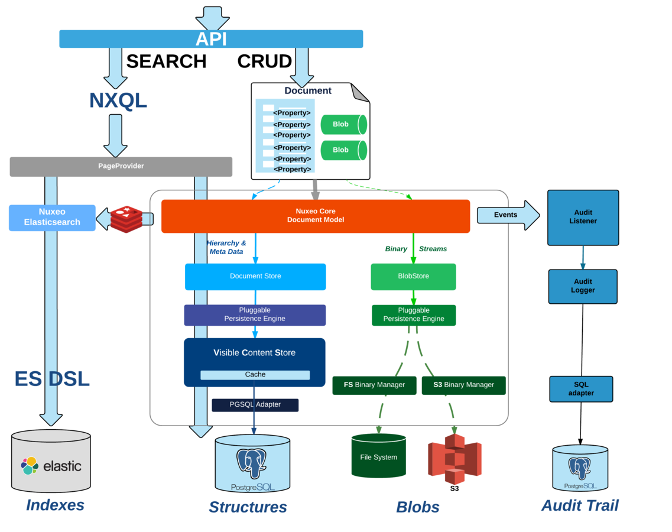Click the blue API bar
coord(211,39)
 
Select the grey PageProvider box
coord(121,166)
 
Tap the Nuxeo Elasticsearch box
coord(52,218)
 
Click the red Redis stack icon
coord(126,219)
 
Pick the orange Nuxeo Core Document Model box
coord(315,216)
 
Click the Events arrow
coord(507,215)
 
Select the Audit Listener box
coord(583,217)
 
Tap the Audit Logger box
coord(583,286)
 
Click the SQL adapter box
coord(581,389)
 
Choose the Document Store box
coord(255,277)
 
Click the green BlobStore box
coord(413,277)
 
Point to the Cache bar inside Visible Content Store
coord(255,375)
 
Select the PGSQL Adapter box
coord(255,405)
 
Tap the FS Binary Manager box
coord(375,385)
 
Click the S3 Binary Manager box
coord(463,385)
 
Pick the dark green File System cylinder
coord(378,456)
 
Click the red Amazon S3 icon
coord(455,459)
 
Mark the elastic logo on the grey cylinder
coord(51,466)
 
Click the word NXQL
coord(118,100)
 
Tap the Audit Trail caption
coord(580,505)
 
